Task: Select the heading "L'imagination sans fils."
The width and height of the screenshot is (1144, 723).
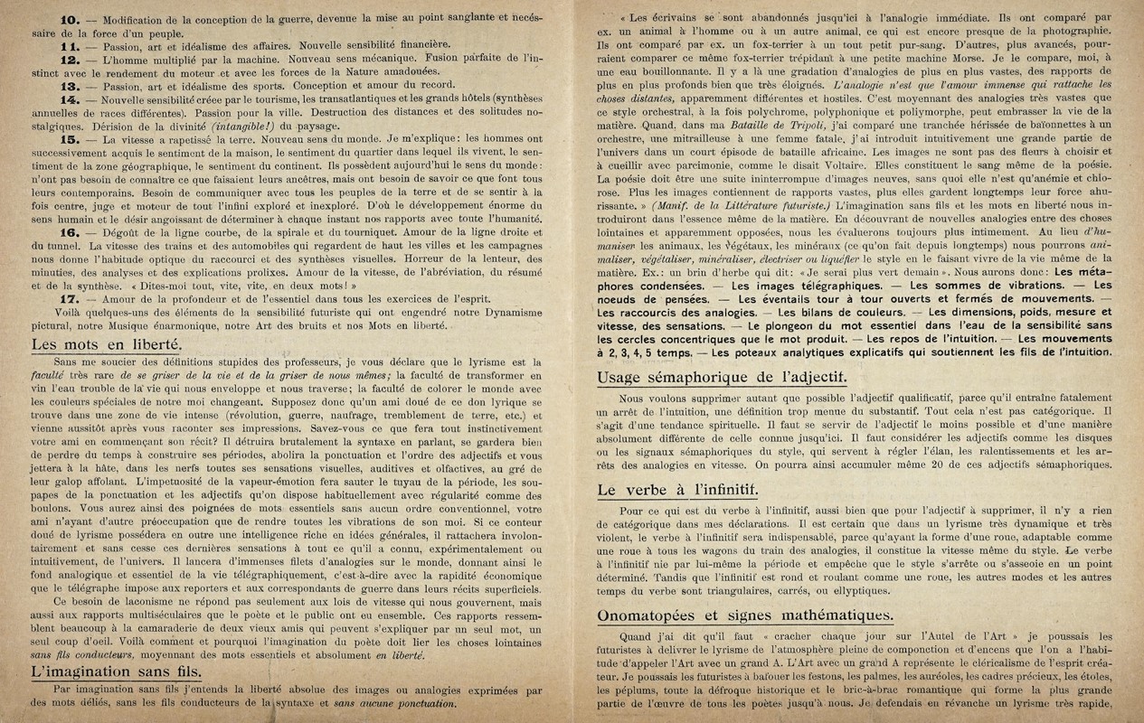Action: (116, 673)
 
